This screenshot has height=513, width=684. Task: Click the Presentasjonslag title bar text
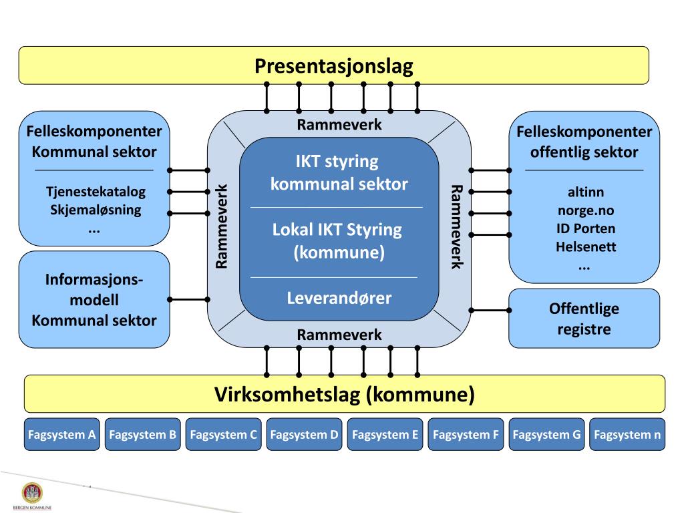tap(333, 66)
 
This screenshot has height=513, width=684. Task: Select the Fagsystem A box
tap(62, 435)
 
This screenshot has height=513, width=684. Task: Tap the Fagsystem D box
tap(304, 435)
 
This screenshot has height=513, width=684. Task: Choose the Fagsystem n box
tap(627, 435)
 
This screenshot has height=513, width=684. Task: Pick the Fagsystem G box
tap(546, 435)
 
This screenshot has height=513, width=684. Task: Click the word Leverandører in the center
tap(339, 297)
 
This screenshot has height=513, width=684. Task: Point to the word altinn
tap(584, 192)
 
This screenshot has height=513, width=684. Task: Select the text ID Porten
tap(584, 228)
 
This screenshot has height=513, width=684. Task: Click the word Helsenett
tap(584, 246)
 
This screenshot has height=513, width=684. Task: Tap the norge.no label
tap(584, 210)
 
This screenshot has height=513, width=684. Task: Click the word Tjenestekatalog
tap(95, 192)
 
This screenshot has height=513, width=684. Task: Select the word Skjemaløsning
tap(95, 210)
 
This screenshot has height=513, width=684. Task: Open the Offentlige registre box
tap(584, 319)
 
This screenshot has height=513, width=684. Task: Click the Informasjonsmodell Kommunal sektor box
tap(94, 300)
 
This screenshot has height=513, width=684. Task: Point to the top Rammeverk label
tap(339, 124)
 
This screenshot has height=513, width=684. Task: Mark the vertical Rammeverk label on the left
tap(222, 226)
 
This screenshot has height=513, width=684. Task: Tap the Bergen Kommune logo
tap(31, 495)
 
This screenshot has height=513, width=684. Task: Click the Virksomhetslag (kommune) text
tap(344, 394)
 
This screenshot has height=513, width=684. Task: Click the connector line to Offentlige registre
tap(490, 311)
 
